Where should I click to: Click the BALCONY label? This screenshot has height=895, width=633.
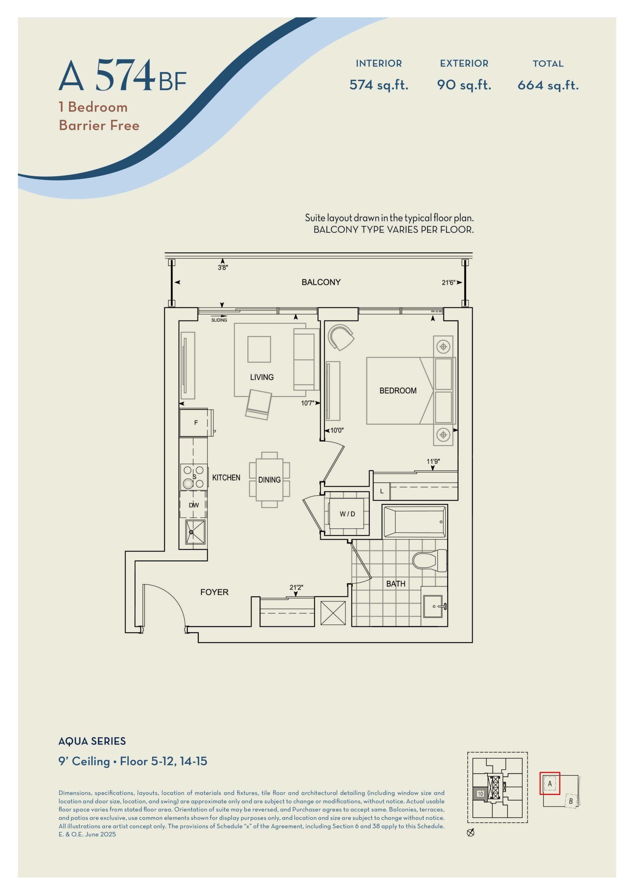(321, 282)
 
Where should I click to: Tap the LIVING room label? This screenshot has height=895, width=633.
(261, 377)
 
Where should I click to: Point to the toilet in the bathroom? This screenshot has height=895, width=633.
(430, 560)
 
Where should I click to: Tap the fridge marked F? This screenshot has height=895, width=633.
(196, 423)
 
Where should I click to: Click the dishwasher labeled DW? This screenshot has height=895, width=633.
(193, 505)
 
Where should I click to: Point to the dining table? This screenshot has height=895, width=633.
(269, 480)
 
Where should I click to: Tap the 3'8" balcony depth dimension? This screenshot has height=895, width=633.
(223, 267)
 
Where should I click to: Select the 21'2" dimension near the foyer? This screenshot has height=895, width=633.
(296, 587)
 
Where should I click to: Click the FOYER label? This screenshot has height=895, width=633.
(214, 592)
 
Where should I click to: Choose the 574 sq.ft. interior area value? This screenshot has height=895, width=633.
(379, 85)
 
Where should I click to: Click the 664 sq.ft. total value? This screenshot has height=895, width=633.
(548, 85)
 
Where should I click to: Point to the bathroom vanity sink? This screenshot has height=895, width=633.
(433, 606)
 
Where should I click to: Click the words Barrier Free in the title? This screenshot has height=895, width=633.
(99, 125)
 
